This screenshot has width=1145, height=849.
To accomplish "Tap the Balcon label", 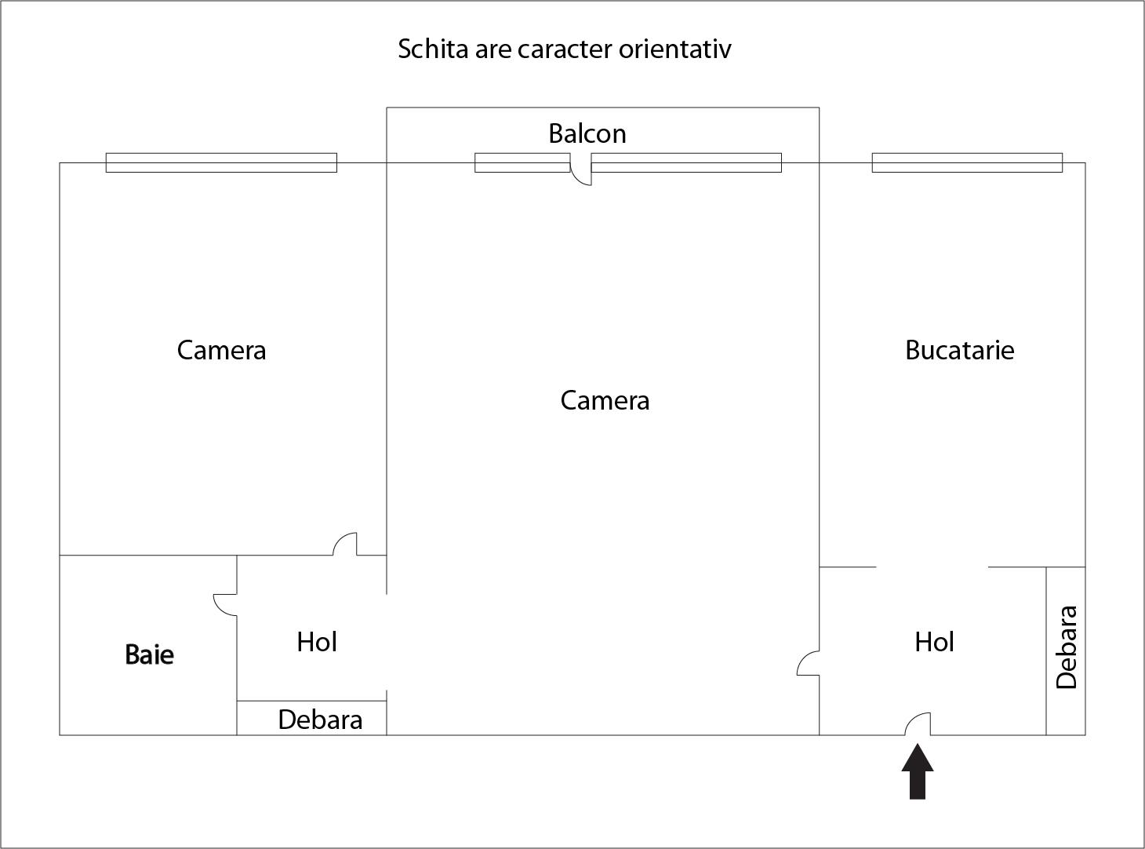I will (x=587, y=133).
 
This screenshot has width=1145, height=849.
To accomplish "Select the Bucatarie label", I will (x=959, y=350).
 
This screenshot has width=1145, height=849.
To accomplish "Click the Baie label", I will (x=149, y=654).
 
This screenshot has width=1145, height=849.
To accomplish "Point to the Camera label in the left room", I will (x=221, y=350).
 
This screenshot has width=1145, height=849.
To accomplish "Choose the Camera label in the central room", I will (x=605, y=401).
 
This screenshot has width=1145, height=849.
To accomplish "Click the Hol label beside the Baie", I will (x=317, y=642).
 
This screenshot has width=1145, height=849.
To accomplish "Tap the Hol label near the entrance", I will (x=934, y=642).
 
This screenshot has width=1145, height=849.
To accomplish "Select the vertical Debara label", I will (x=1067, y=647).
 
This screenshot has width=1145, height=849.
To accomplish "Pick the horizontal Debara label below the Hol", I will (x=320, y=720).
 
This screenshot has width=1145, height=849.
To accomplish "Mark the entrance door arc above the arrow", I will (x=918, y=724).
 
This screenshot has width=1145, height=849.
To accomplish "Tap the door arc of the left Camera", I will (x=345, y=544).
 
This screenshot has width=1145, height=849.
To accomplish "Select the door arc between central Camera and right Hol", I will (x=808, y=663).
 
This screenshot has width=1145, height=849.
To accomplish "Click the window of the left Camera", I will (x=221, y=162).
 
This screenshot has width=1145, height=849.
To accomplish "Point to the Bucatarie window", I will (x=967, y=162).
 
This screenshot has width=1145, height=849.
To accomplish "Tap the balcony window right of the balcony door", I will (x=686, y=162).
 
